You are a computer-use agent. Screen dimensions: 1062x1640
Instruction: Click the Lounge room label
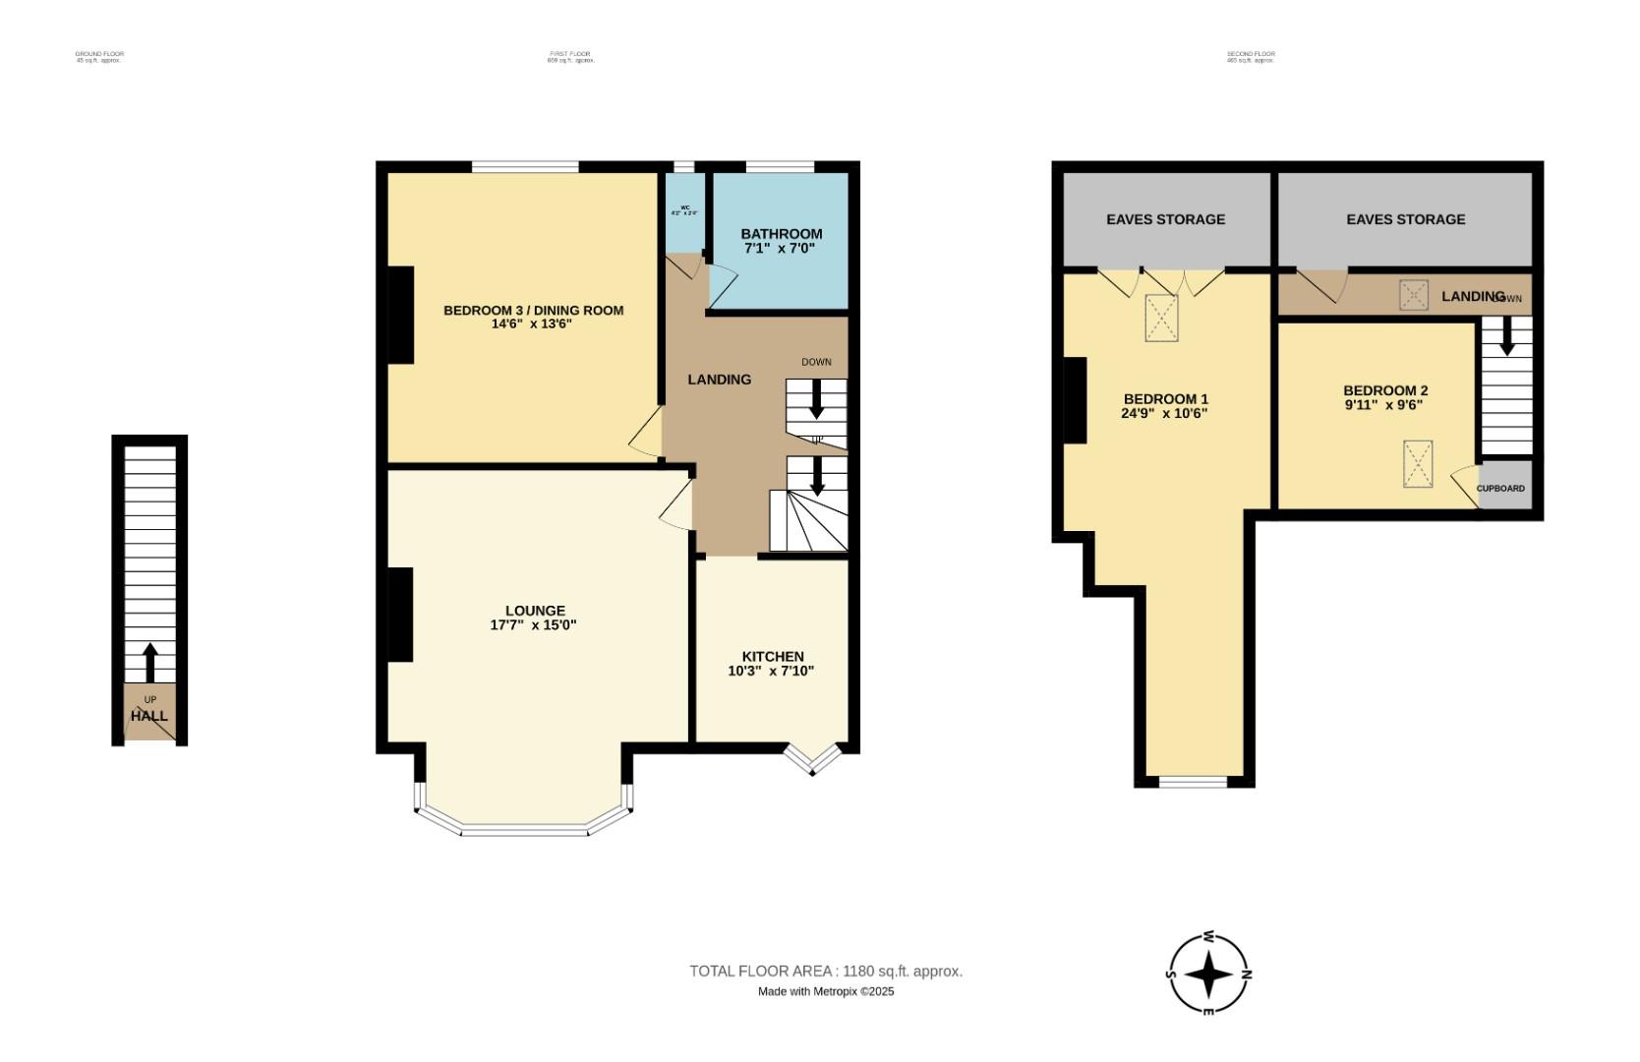coord(535,611)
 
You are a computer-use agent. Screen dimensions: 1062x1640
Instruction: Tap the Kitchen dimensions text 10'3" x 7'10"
coord(771,672)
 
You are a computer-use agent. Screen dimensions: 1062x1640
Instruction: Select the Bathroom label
coord(781,234)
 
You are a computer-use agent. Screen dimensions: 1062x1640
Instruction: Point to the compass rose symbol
coord(1209,974)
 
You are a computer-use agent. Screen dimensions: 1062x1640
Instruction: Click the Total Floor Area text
coord(825,972)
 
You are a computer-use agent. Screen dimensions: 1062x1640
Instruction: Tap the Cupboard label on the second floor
coord(1500,489)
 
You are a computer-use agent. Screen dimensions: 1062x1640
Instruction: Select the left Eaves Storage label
coord(1165,219)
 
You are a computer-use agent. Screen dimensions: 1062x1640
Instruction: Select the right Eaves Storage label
coord(1405,219)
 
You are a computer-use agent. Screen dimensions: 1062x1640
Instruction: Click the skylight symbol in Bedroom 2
coord(1418,464)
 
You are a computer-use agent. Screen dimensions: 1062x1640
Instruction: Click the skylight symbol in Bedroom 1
coord(1161,319)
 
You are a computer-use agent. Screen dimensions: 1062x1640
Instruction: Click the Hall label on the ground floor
coord(149,716)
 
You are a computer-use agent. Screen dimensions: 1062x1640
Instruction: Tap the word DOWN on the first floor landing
coord(816,362)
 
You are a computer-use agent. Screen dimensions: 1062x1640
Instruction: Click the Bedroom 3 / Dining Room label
coord(533,311)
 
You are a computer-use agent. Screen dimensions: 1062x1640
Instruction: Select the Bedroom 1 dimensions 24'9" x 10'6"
coord(1164,414)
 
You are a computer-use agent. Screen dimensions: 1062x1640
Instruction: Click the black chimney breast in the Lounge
coord(400,615)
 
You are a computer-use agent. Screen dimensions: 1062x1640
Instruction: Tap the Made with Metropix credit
coord(825,992)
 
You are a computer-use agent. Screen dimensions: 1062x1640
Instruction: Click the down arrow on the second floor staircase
coord(1506,339)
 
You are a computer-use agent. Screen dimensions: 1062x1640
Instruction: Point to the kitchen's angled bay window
coord(812,760)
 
